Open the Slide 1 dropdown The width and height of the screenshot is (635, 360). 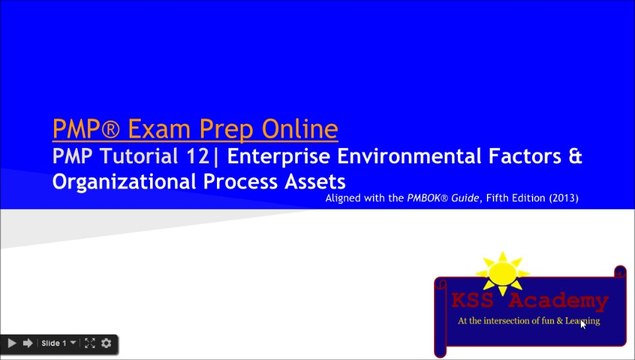pos(57,344)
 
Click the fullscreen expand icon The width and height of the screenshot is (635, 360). pos(89,344)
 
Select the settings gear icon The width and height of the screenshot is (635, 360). pos(106,344)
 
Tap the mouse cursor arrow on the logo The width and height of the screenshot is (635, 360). pos(583,323)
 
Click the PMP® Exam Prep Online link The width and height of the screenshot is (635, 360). pos(195,129)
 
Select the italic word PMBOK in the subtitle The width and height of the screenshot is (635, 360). pos(432,199)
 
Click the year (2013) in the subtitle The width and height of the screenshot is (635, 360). pos(560,199)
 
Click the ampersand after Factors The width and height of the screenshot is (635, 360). pos(573,157)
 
